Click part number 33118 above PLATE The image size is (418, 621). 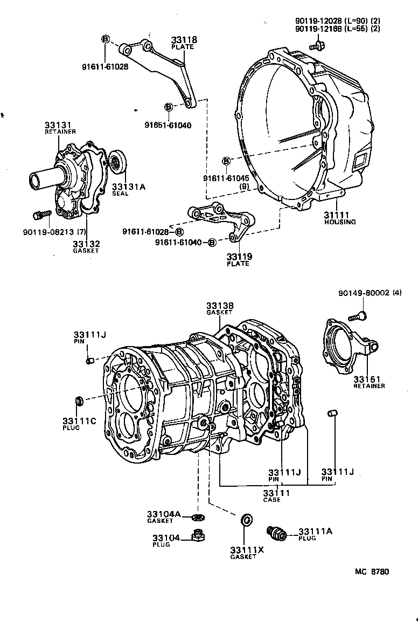tap(184, 40)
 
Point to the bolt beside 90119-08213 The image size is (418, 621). tap(39, 216)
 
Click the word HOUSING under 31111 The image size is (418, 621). tap(340, 222)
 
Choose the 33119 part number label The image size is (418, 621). tap(239, 257)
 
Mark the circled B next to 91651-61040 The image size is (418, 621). tap(168, 107)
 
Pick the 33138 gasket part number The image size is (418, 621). tap(220, 306)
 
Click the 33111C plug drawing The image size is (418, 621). tap(79, 402)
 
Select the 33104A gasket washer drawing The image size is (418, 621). tap(198, 518)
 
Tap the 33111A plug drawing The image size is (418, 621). tap(277, 533)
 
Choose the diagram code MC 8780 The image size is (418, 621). tap(372, 572)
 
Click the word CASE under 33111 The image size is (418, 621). tap(272, 500)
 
